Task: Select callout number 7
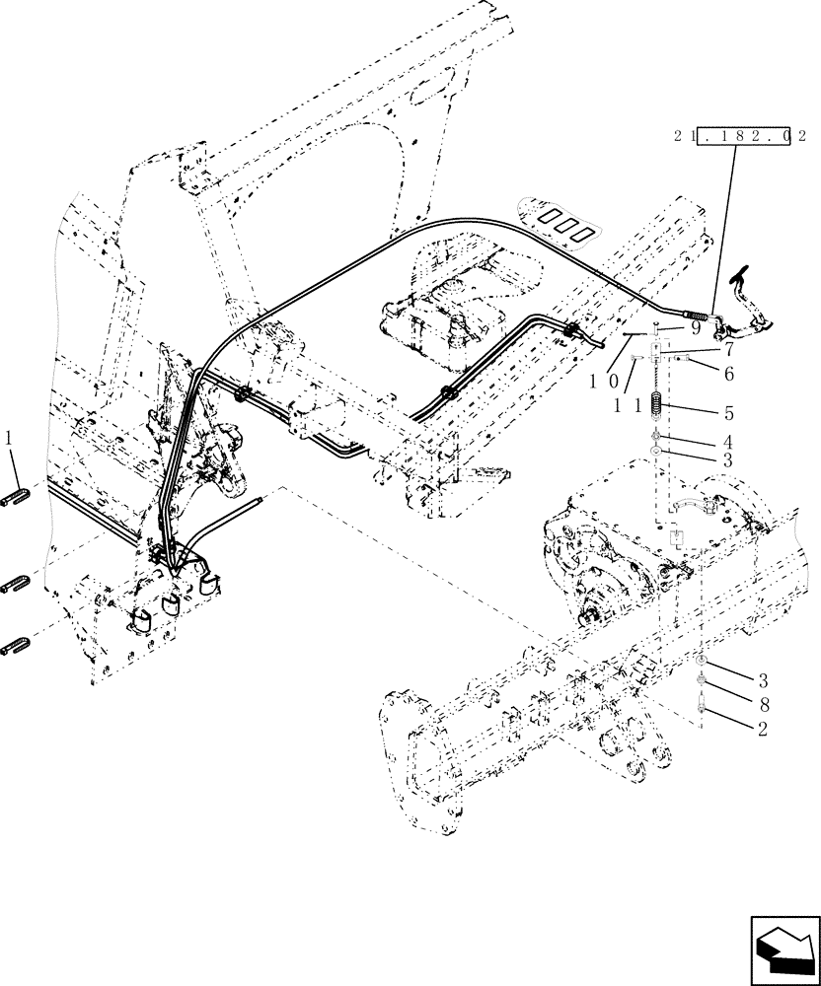pos(728,349)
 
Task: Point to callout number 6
pos(728,374)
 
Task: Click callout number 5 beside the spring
pos(728,413)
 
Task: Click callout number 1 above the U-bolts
pos(10,436)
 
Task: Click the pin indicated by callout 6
pos(694,362)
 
